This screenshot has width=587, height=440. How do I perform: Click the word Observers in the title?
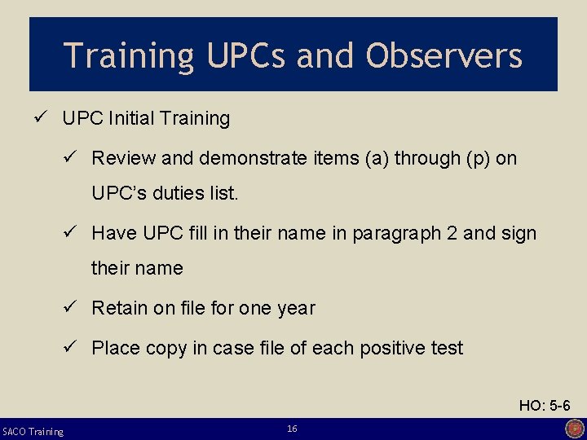click(x=444, y=55)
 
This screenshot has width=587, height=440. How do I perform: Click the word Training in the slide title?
click(x=129, y=55)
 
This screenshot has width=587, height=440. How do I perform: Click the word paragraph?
click(x=393, y=234)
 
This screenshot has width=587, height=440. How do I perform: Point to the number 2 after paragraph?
click(x=452, y=233)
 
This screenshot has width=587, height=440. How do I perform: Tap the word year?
click(x=295, y=308)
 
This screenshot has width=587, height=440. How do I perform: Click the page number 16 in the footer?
click(x=292, y=429)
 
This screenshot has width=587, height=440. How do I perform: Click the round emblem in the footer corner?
click(x=575, y=429)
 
